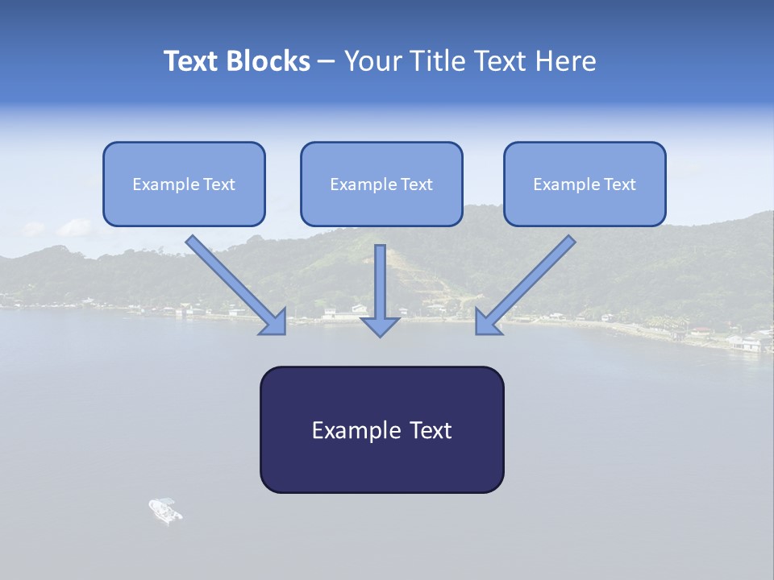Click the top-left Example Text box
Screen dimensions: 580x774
click(184, 184)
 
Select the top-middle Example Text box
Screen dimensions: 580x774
click(381, 184)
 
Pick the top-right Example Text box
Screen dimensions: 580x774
click(585, 184)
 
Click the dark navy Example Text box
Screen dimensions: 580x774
click(381, 430)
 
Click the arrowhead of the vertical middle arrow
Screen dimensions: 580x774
click(380, 326)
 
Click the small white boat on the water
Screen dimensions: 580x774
click(165, 510)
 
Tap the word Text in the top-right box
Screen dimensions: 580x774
click(620, 184)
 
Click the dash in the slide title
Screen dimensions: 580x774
click(327, 62)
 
